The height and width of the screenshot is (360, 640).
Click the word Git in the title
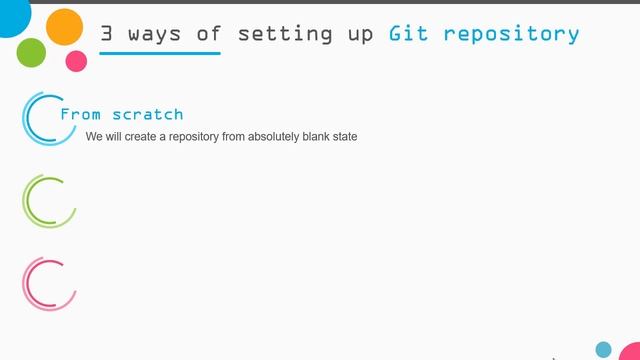(x=410, y=33)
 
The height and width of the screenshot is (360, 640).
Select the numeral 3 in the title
(x=107, y=33)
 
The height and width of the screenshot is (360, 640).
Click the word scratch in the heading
(x=148, y=115)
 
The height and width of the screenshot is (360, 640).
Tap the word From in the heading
(x=81, y=115)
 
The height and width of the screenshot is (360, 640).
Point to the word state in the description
(x=345, y=136)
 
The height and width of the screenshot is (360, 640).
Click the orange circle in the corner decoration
(x=65, y=26)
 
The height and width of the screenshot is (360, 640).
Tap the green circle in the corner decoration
(x=31, y=52)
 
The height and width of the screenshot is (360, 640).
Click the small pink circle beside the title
(x=76, y=61)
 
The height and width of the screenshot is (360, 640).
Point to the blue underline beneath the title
(x=160, y=52)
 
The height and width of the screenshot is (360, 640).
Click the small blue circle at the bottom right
(x=603, y=349)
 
